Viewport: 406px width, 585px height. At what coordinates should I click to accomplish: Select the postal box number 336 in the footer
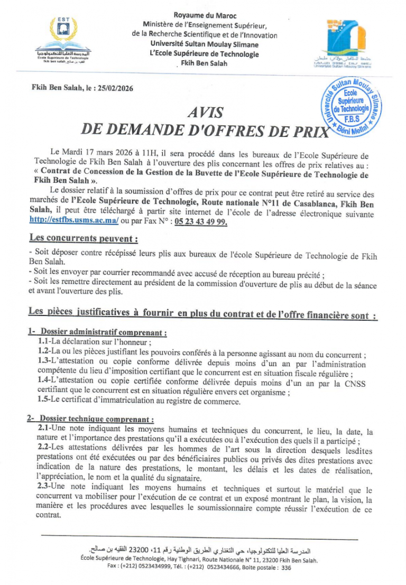(x=286, y=568)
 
